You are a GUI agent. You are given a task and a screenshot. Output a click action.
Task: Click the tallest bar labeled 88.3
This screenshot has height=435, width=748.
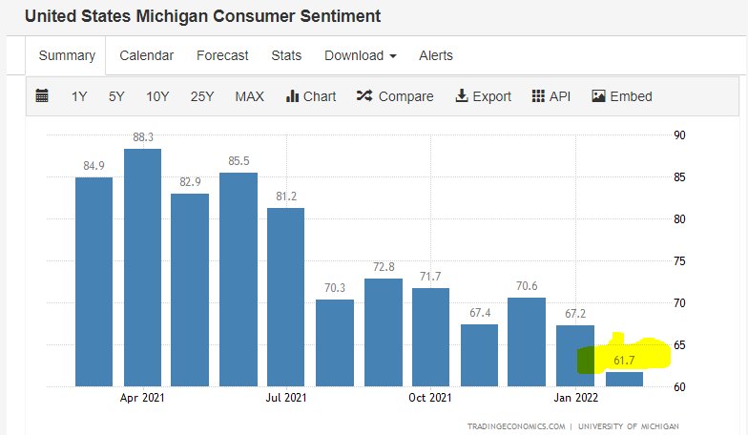coord(142,267)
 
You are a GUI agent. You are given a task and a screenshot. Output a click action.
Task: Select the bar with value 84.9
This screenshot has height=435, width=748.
coord(94,281)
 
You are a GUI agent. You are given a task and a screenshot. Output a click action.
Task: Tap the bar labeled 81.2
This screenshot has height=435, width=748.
coord(286,297)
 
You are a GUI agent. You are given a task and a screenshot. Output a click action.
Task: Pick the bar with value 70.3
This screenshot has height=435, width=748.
coord(334,342)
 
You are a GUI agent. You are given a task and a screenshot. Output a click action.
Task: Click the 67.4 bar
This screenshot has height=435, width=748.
coord(479,355)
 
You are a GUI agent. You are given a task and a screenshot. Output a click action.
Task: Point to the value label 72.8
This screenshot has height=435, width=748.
coord(385,266)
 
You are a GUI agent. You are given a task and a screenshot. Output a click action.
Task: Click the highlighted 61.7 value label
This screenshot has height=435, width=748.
coord(625,361)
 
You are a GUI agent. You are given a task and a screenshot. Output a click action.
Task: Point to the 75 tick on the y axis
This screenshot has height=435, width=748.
coord(679,261)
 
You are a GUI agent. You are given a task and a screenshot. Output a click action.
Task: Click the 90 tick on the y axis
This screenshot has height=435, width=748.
coord(679,135)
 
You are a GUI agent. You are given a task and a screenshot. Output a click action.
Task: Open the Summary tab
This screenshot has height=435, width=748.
coord(67,55)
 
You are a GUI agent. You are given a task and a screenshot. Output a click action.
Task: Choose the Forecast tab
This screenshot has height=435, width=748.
coord(222,55)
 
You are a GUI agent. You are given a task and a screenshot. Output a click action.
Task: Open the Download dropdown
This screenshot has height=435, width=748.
coord(360,55)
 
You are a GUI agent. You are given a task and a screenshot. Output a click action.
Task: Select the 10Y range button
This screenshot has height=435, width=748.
coord(157,96)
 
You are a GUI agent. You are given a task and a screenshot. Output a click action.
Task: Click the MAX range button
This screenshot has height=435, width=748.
coord(250,96)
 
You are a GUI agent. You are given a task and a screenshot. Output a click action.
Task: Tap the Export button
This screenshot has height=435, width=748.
coord(484,96)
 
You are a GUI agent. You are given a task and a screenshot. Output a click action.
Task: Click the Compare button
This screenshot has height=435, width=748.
coord(395,96)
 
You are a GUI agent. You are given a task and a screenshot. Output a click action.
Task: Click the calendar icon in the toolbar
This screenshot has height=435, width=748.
coord(42,95)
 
